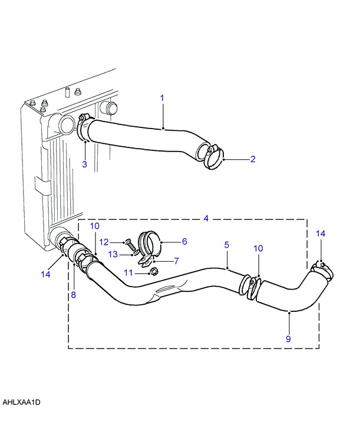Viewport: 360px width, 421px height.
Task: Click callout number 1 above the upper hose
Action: tap(162, 97)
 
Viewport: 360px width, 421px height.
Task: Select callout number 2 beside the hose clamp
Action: tap(252, 159)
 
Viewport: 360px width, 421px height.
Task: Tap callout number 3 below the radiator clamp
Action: tap(84, 164)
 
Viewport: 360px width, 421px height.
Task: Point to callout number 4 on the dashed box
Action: tap(206, 218)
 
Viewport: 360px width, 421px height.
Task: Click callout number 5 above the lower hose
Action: tap(226, 244)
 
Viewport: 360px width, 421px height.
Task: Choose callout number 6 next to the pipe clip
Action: tap(184, 241)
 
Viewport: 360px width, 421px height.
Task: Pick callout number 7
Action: tap(176, 260)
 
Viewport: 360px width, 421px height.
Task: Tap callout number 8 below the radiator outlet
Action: tap(73, 295)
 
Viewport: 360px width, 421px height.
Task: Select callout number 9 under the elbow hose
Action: tap(288, 338)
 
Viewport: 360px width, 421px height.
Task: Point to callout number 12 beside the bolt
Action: tap(103, 242)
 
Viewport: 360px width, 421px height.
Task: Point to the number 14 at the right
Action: tap(320, 234)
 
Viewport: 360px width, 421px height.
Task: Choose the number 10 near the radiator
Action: tap(95, 226)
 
